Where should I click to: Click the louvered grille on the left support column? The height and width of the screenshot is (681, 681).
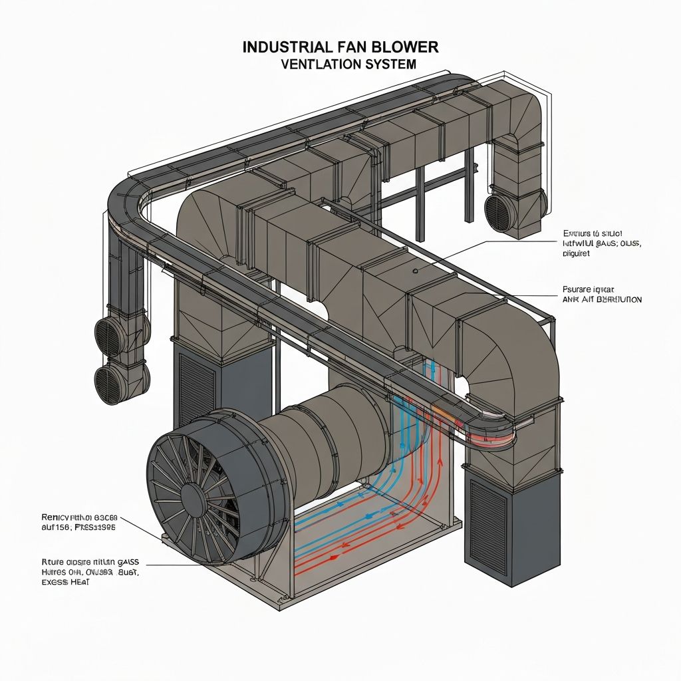(x=197, y=392)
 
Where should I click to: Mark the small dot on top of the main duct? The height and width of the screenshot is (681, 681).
(x=414, y=271)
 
